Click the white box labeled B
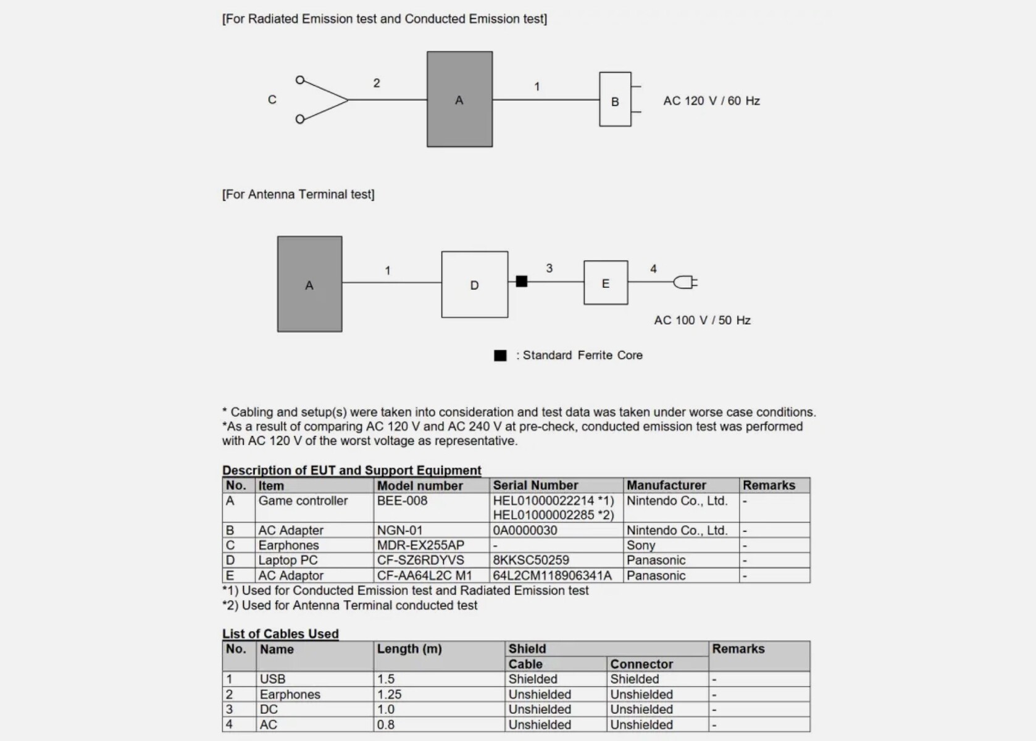tap(615, 99)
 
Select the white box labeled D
tap(474, 285)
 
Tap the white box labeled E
tap(606, 283)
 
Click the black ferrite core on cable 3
tap(522, 282)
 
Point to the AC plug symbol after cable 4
tap(685, 283)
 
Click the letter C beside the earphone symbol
tap(272, 99)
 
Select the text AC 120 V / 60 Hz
tap(711, 101)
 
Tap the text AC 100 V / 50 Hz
tap(702, 320)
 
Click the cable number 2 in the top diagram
tap(377, 83)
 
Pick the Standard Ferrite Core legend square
tap(500, 355)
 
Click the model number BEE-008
tap(402, 501)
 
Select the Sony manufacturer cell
tap(641, 545)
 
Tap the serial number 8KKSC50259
tap(531, 560)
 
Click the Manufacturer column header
tap(666, 485)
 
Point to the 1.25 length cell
tap(389, 694)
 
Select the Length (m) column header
tap(409, 649)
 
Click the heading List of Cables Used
tap(280, 634)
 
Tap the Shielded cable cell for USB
tap(533, 679)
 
